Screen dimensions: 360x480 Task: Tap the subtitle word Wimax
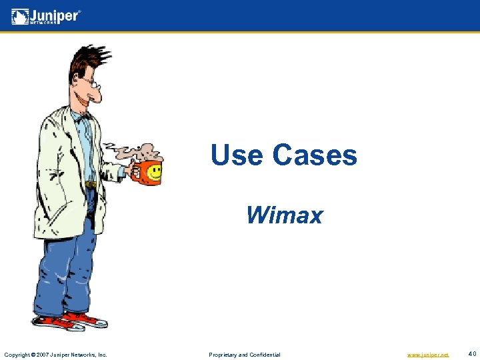284,215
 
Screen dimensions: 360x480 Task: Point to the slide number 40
472,354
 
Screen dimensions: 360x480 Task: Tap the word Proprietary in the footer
227,355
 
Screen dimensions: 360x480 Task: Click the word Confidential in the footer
265,355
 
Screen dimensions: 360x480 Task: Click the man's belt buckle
91,184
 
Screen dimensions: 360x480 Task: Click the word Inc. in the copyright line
102,355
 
